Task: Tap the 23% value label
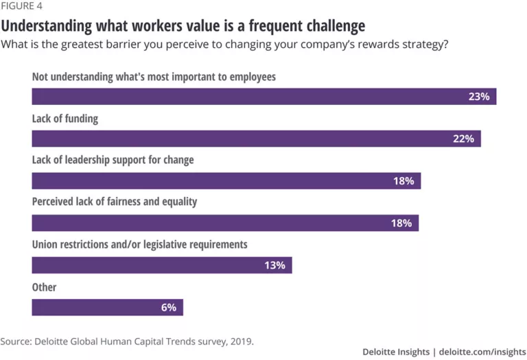point(478,97)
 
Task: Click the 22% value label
point(463,139)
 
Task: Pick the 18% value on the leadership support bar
point(403,181)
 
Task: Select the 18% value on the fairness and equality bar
point(401,223)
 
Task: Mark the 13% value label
point(274,265)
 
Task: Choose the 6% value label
point(168,307)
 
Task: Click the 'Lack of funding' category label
point(65,119)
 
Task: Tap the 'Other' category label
point(44,287)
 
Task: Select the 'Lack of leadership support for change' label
point(113,160)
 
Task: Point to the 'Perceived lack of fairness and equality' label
point(115,202)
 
